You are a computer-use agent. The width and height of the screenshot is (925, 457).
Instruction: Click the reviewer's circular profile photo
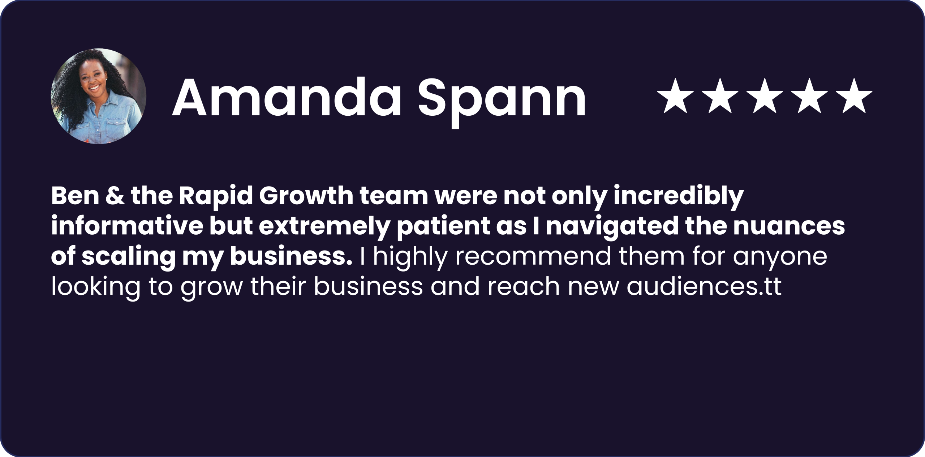coord(99,96)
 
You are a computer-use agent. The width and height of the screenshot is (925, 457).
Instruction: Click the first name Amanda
coord(287,98)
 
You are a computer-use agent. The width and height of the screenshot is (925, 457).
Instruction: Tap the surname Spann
coord(502,102)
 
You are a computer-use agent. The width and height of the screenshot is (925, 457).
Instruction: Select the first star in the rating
coord(675,96)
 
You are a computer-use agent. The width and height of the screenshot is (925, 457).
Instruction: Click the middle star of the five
coord(765,96)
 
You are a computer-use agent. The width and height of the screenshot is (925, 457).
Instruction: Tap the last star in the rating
coord(854,96)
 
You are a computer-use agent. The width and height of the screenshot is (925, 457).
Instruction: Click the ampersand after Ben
coord(115,196)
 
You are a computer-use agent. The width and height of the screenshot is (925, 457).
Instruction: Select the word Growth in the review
coord(306,196)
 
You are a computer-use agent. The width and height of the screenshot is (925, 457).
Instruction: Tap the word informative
coord(127,226)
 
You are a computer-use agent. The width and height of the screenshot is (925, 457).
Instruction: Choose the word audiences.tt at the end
coord(704,286)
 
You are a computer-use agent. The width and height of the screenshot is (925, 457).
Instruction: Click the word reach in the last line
coord(524,286)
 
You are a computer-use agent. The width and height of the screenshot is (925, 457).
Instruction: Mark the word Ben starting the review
coord(75,196)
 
